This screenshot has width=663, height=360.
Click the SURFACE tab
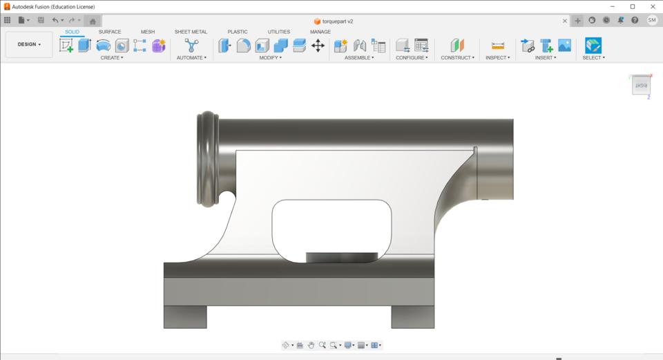pos(110,32)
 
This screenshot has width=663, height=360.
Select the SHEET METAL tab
pos(191,32)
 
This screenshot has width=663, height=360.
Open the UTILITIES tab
pos(279,32)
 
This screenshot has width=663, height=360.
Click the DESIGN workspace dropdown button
pos(29,44)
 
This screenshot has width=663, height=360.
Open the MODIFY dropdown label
pos(270,58)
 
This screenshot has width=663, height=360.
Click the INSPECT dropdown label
pos(497,58)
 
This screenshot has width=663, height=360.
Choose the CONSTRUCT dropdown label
pos(457,58)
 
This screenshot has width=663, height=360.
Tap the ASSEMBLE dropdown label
pos(359,58)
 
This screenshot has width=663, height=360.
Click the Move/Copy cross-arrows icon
pos(318,46)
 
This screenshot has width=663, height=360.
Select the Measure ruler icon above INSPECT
pos(498,46)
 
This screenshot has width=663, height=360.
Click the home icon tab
pos(93,21)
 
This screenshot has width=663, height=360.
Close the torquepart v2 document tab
pos(564,21)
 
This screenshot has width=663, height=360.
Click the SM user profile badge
pos(652,21)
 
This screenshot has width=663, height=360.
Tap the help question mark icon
pos(635,21)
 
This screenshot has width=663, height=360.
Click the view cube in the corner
pos(641,86)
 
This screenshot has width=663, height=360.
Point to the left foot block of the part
pos(185,316)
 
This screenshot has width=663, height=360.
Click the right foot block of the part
pos(412,316)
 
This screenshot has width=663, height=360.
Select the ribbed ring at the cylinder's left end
pos(208,159)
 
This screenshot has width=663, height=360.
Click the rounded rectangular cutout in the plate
pos(331,225)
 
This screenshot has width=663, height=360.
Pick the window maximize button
pos(632,7)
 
